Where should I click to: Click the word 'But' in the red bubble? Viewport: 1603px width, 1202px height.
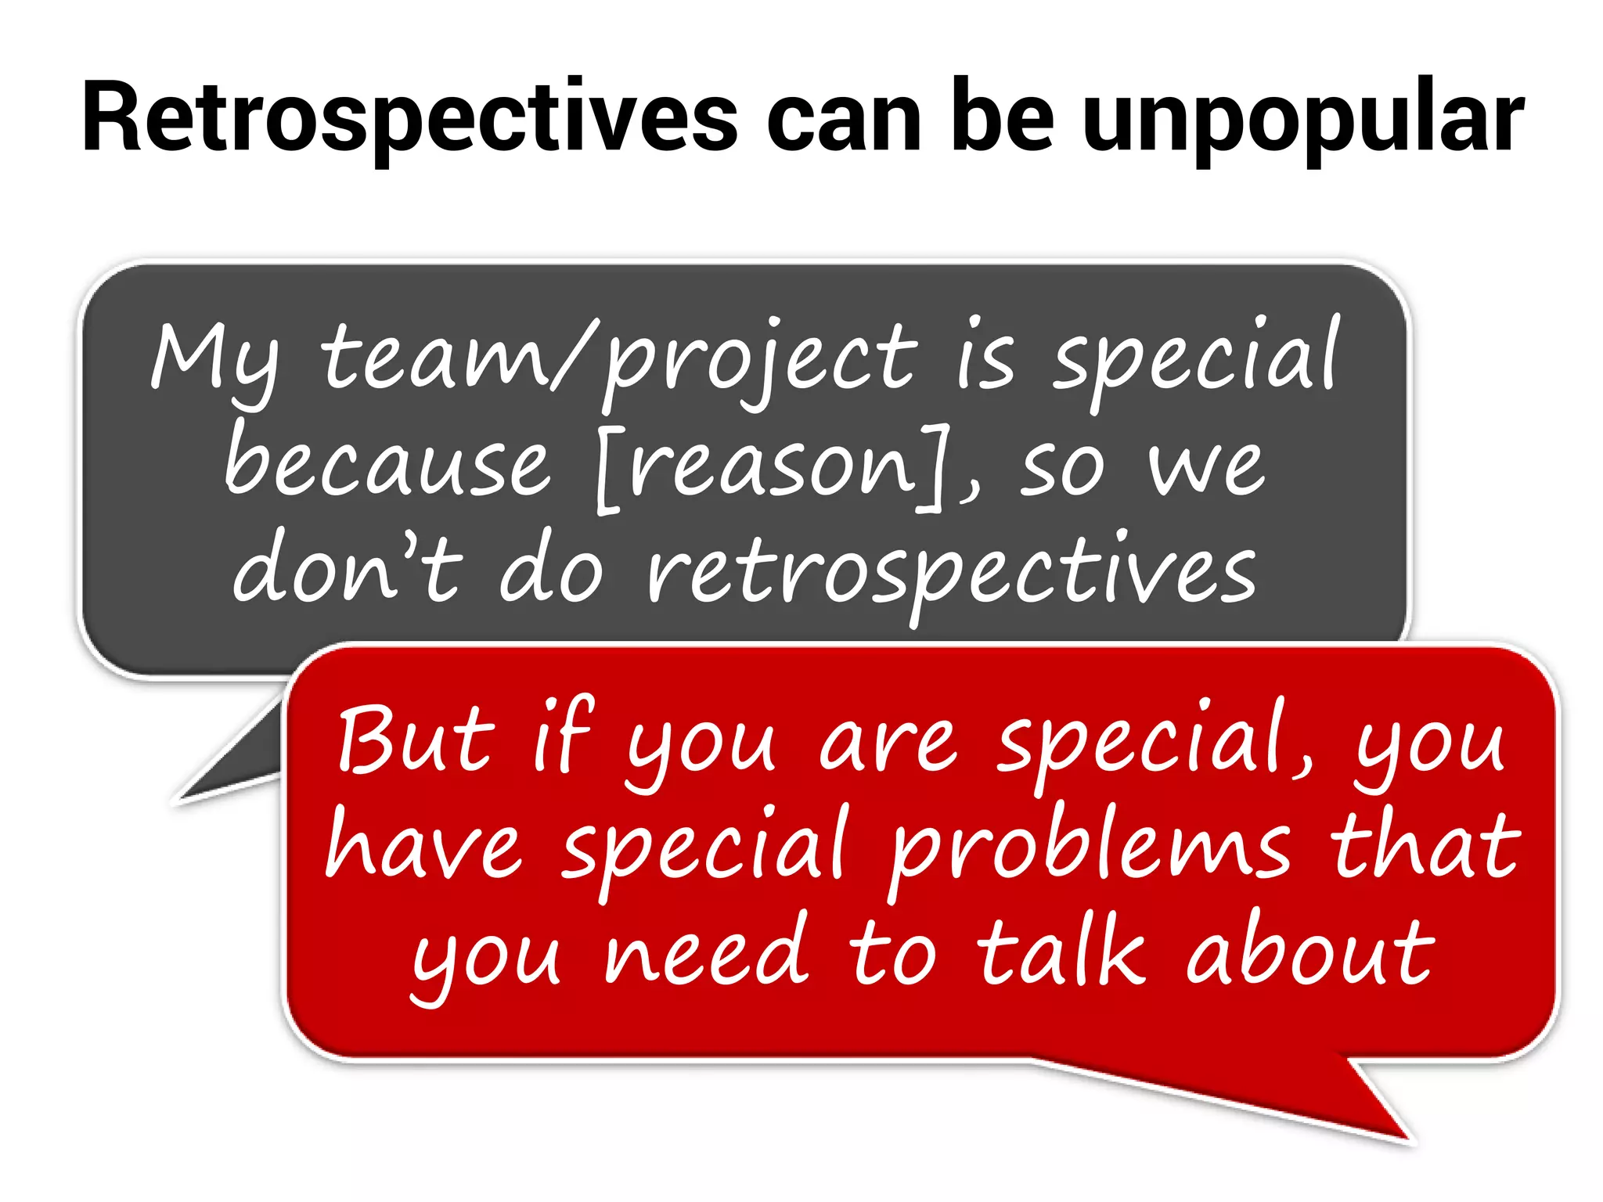tap(416, 740)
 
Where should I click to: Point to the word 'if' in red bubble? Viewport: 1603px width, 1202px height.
tap(564, 736)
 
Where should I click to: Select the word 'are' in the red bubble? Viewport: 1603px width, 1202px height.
tap(888, 743)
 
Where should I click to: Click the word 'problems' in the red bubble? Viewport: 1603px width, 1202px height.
tap(1089, 849)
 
